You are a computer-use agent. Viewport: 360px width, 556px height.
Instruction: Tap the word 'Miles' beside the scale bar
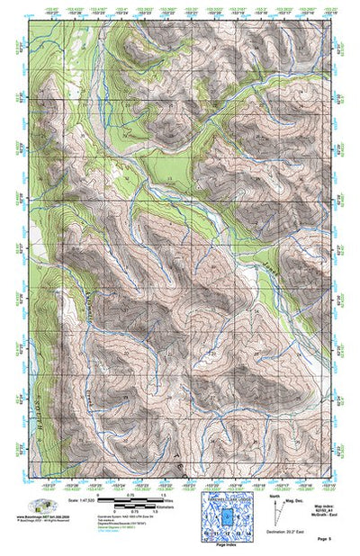click(x=171, y=498)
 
